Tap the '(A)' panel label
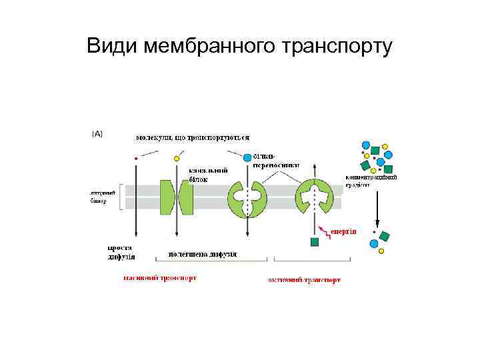click(x=97, y=133)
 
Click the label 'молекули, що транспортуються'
click(x=193, y=138)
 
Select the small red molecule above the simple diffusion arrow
click(x=136, y=159)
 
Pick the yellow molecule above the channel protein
click(x=177, y=159)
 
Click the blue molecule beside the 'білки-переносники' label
click(x=248, y=158)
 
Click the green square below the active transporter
click(x=315, y=241)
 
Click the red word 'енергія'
click(x=343, y=231)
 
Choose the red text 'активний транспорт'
click(x=304, y=280)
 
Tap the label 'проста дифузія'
click(x=121, y=251)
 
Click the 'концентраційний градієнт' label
click(x=371, y=181)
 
